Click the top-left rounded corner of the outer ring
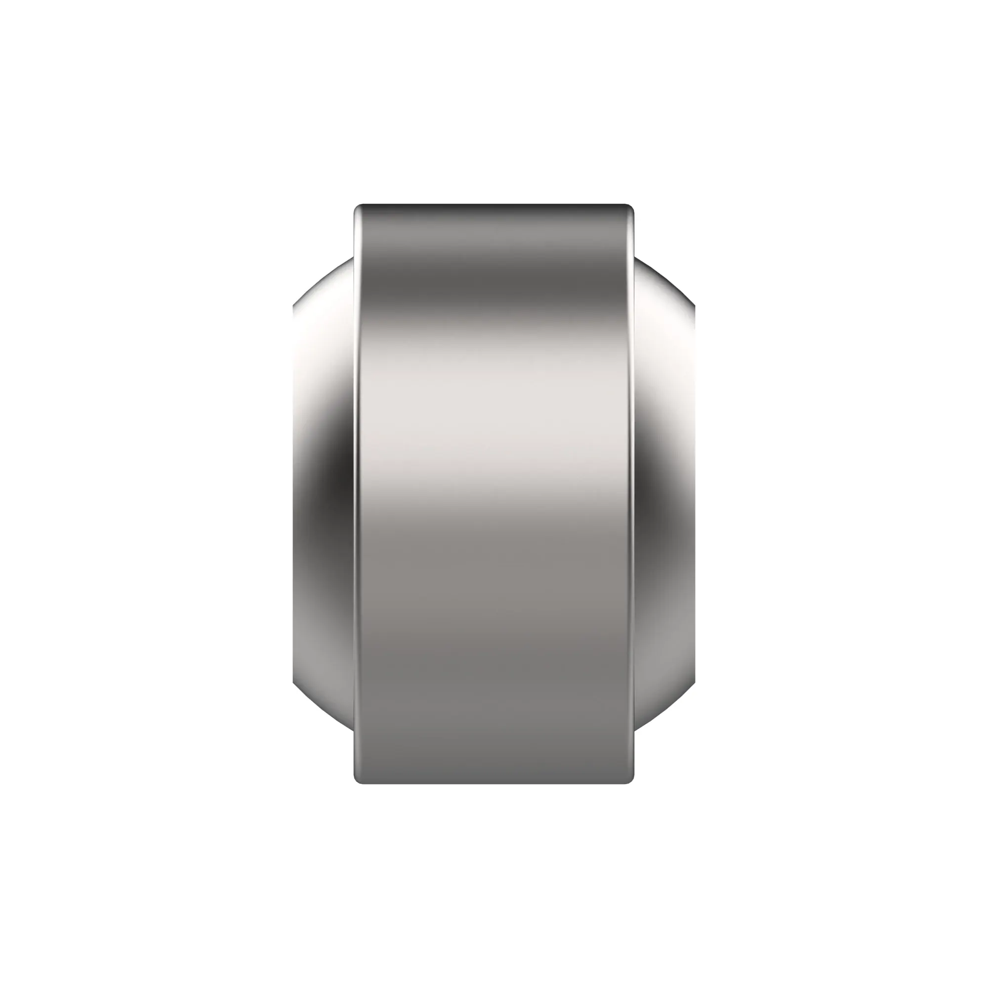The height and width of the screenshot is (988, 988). [359, 208]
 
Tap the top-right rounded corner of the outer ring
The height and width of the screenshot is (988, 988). [629, 208]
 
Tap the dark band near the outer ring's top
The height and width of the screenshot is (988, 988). [494, 287]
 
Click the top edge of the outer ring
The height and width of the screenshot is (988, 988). [494, 206]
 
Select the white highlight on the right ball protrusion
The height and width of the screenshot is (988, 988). [665, 332]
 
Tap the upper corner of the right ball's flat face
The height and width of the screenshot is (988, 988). [694, 306]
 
